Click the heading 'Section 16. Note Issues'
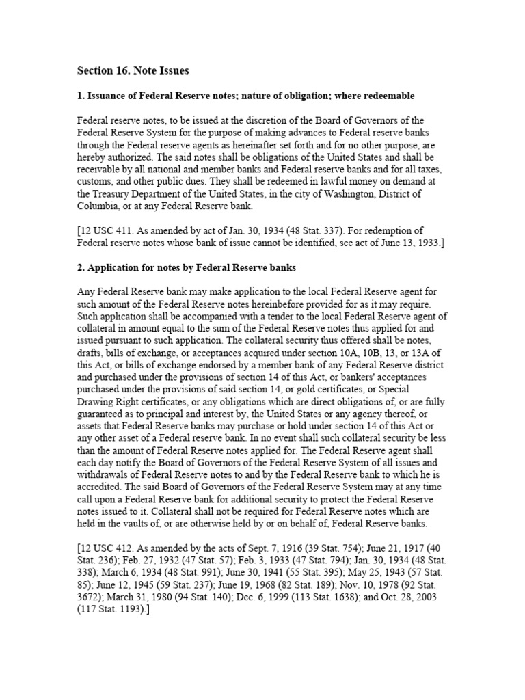(x=133, y=70)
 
